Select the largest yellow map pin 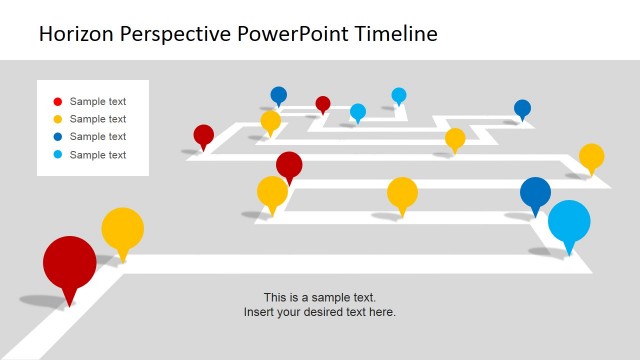(122, 229)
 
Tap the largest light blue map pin (569, 222)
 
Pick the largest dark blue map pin (535, 192)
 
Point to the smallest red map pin (323, 103)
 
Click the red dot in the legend (57, 101)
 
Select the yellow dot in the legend (57, 119)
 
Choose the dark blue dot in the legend (57, 137)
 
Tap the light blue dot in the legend (57, 155)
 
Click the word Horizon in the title (78, 34)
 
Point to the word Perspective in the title (177, 34)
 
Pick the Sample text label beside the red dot (98, 101)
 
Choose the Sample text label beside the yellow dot (98, 119)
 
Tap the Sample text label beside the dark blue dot (98, 137)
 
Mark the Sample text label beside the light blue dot (98, 155)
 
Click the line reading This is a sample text (320, 297)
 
